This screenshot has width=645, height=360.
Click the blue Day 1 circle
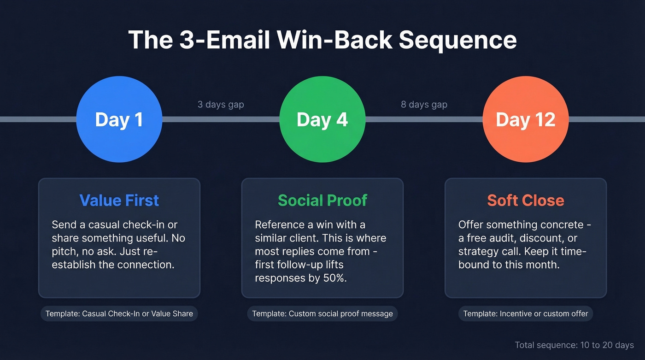tap(119, 119)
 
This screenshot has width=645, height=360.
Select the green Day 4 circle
tap(322, 119)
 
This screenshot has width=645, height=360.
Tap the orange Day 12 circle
tap(525, 119)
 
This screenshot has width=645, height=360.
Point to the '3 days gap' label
tap(221, 105)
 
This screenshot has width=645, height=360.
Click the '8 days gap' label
tap(424, 105)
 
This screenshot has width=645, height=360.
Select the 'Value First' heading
tap(119, 201)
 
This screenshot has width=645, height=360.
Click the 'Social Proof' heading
tap(322, 201)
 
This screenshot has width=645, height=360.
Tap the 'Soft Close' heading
tap(526, 201)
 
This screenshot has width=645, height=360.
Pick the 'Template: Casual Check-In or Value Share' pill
tap(119, 314)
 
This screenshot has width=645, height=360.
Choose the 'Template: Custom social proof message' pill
tap(322, 314)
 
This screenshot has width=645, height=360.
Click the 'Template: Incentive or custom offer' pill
tap(526, 314)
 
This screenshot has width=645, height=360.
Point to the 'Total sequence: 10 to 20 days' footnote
tap(574, 345)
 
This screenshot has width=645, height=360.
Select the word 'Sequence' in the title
tap(457, 40)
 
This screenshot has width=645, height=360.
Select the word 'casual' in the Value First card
tap(104, 225)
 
